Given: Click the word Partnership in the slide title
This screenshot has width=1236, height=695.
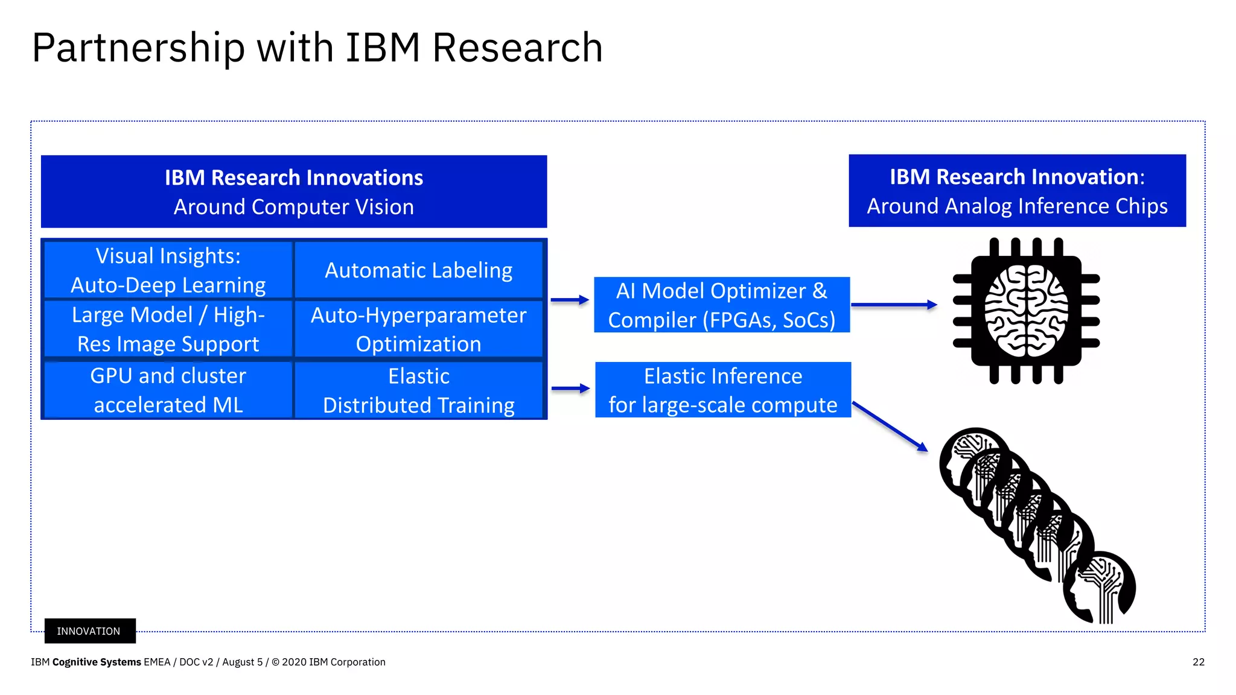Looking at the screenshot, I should point(138,48).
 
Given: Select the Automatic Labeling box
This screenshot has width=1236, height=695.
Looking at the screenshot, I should point(418,270).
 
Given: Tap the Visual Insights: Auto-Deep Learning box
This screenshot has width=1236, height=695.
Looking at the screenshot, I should point(168,270).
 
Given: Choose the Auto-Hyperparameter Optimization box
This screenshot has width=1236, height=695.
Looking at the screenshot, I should point(418,329).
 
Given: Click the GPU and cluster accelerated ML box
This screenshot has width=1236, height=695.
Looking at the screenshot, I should point(168,390).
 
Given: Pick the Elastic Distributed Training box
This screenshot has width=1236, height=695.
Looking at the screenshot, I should point(418,390).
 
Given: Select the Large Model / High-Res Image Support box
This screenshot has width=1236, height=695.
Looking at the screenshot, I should point(168,329).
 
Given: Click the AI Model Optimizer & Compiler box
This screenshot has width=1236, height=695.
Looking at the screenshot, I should point(722,305).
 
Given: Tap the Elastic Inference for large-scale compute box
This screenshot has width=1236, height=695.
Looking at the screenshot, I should point(723,390).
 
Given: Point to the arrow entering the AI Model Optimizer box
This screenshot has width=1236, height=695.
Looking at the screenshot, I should point(569,300).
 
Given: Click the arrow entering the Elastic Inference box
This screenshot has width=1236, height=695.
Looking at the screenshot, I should point(570,389).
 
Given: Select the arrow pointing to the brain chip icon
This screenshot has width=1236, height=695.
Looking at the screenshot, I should point(893,305).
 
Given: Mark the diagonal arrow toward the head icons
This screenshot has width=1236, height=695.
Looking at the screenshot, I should point(890,427).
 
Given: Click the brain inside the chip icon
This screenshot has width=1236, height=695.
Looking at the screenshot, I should point(1026,311).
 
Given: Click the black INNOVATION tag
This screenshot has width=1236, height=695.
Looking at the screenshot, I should point(89,631).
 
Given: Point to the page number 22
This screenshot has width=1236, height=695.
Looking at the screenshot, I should point(1199,662).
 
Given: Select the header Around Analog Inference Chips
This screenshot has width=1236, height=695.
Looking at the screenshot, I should point(1017,206).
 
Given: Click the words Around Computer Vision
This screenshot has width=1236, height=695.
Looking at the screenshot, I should point(294,207).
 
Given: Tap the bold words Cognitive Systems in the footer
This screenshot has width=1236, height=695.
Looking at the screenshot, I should point(97,662).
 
